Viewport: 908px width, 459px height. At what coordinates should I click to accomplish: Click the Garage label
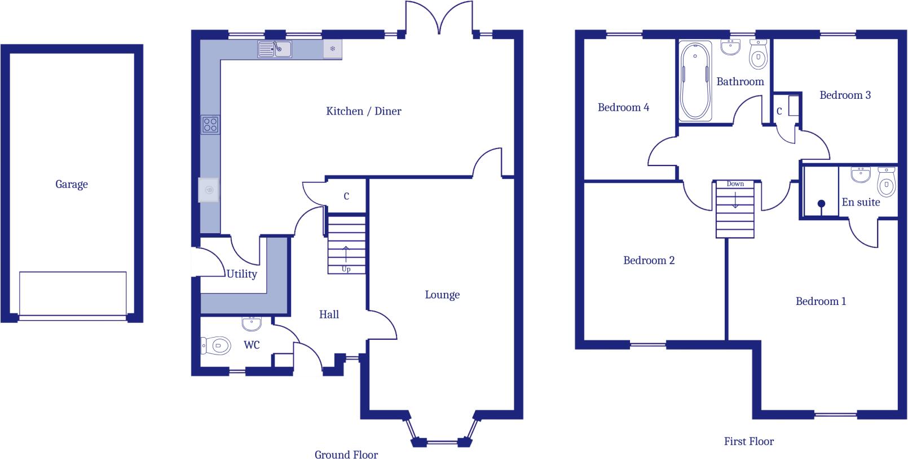coord(72,184)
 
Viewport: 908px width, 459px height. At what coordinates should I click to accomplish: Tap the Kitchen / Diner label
coord(364,111)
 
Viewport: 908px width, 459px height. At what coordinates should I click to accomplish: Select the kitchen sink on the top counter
coord(275,50)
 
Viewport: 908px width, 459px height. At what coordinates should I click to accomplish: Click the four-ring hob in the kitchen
coord(210,124)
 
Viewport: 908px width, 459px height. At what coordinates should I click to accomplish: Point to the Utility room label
coord(241,274)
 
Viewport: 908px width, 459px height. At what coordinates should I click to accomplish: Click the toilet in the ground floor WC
coord(217,346)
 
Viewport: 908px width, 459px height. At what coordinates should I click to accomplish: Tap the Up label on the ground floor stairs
coord(346,269)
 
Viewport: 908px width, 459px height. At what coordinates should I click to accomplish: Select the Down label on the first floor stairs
coord(735,184)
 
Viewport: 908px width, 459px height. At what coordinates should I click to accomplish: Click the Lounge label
coord(442,295)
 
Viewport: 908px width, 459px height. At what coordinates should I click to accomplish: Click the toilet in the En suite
coord(887,182)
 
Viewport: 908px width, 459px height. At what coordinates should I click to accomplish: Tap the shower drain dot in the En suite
coord(821,203)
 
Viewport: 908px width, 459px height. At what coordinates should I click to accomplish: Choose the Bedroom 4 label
coord(623,107)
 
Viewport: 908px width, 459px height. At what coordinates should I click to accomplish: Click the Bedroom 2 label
coord(649,260)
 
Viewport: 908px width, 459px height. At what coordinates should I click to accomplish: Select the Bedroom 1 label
coord(821,301)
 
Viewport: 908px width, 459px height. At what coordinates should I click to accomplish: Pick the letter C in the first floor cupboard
coord(779,111)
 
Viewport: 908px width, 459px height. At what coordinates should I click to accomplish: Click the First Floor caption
coord(748,441)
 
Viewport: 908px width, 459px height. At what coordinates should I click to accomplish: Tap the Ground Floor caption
coord(346,454)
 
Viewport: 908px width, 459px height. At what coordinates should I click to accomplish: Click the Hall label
coord(329,314)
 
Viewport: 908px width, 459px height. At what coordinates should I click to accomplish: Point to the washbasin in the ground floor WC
coord(252,324)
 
